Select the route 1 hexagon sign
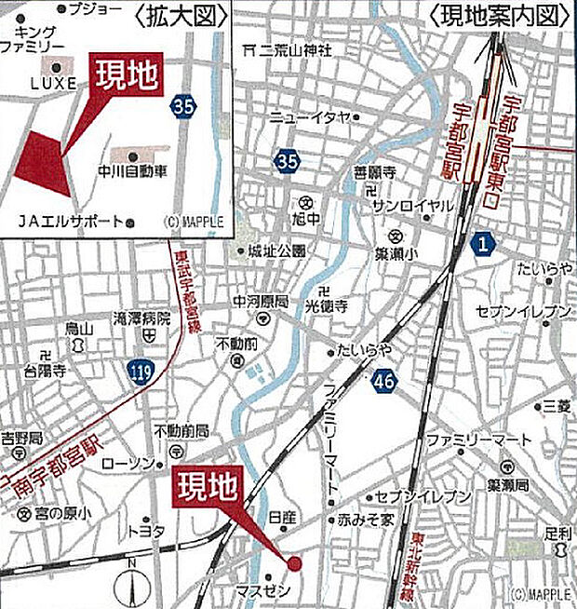click(x=481, y=245)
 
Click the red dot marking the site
click(x=295, y=562)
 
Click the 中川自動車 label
click(x=133, y=172)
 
